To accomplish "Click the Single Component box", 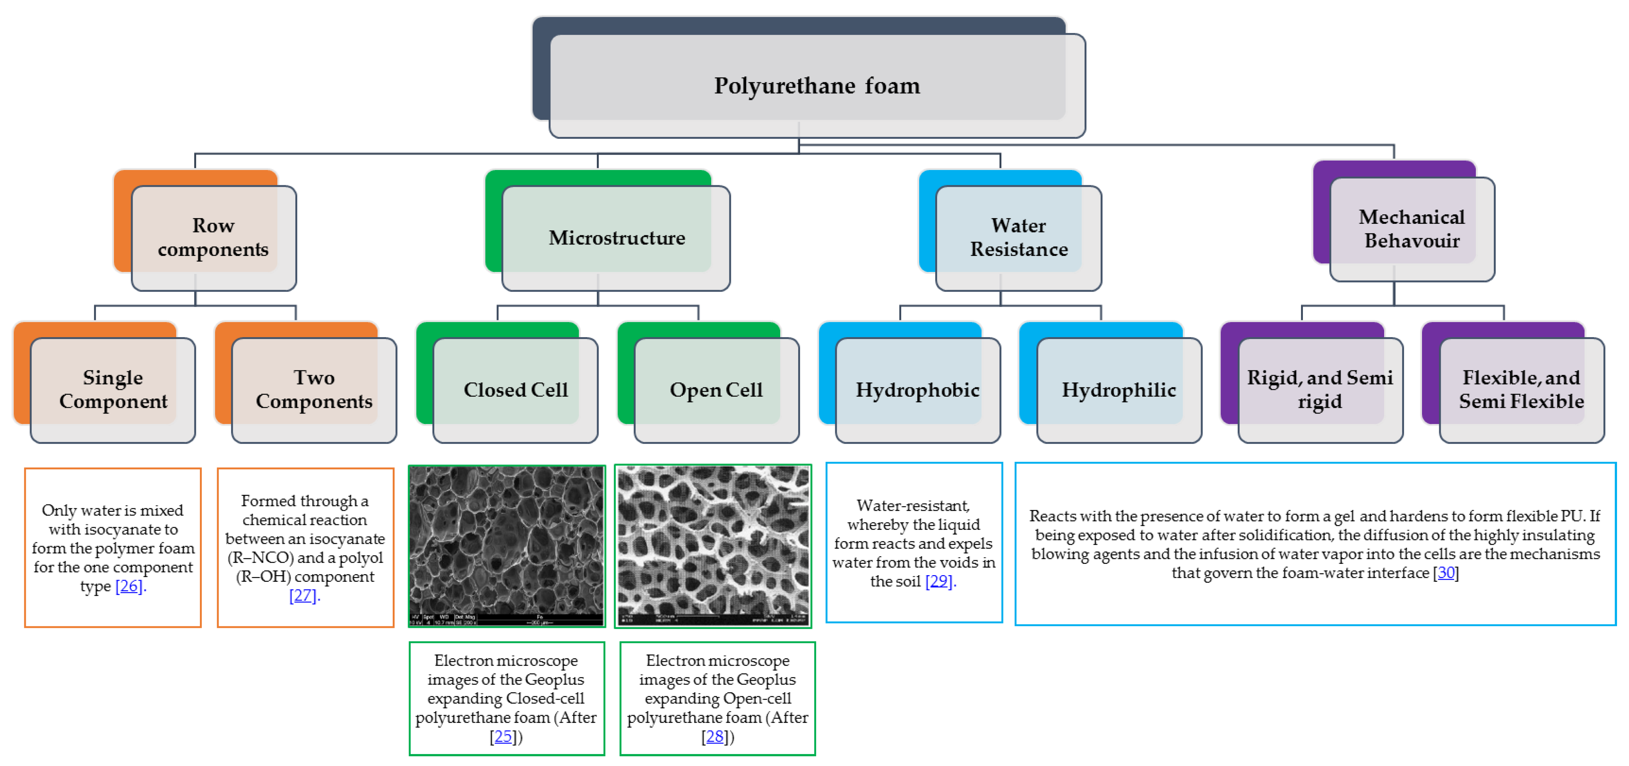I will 113,389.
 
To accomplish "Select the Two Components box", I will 314,389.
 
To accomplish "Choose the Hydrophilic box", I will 1119,389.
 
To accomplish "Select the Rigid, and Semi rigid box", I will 1320,389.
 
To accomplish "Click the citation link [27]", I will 302,595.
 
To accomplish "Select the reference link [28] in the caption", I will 715,736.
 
